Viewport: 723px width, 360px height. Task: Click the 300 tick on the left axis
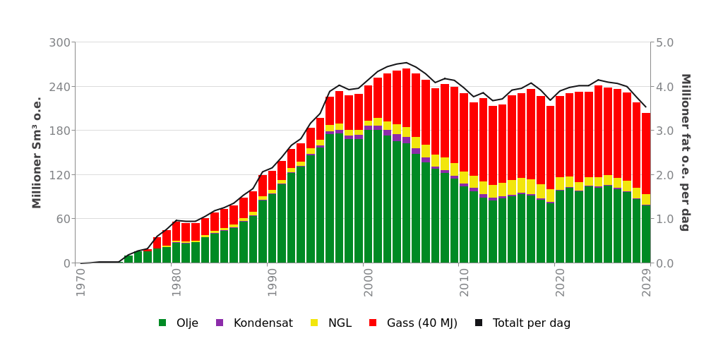[59, 42]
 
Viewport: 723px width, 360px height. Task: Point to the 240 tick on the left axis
[59, 86]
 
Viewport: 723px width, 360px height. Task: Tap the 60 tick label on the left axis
[63, 219]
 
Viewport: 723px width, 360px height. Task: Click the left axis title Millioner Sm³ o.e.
[37, 152]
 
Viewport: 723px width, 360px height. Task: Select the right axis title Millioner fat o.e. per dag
[684, 152]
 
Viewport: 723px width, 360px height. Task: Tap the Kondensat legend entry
[263, 323]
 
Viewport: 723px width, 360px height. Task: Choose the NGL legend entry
[340, 323]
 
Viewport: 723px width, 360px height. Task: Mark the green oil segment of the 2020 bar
[560, 226]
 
